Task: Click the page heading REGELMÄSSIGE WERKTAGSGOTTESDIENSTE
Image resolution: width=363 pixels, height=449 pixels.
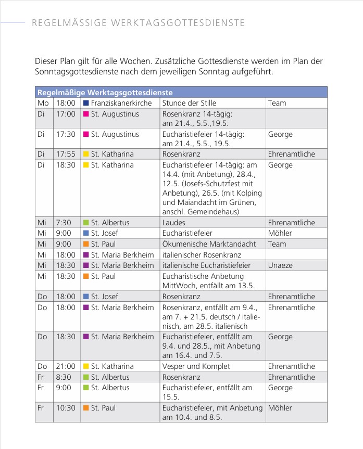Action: click(x=138, y=23)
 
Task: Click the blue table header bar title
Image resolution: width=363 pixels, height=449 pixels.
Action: click(x=105, y=92)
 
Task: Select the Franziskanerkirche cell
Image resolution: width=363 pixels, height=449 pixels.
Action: click(x=121, y=103)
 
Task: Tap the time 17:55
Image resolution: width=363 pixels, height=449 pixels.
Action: click(x=66, y=154)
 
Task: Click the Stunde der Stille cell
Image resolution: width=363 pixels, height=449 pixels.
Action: click(x=189, y=103)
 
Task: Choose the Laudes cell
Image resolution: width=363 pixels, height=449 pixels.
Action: click(x=174, y=223)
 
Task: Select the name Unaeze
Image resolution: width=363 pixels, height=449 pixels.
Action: click(x=280, y=265)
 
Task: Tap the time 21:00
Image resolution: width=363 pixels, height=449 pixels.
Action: click(x=66, y=366)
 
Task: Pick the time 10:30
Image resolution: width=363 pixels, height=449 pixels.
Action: click(x=66, y=408)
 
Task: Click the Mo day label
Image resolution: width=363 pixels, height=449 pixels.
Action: click(x=43, y=103)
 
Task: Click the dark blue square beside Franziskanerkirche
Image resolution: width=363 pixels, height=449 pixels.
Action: click(x=86, y=103)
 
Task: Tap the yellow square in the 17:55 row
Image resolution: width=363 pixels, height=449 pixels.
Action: click(x=86, y=154)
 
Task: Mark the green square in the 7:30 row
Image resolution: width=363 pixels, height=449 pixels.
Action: click(x=86, y=223)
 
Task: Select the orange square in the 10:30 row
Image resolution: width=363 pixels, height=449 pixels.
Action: click(x=86, y=408)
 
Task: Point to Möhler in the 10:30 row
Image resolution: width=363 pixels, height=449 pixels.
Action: click(x=280, y=408)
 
